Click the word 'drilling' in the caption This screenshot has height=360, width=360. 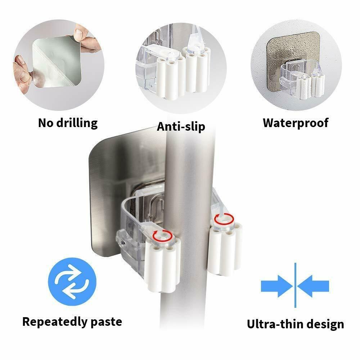pyautogui.click(x=77, y=123)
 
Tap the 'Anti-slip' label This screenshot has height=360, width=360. pyautogui.click(x=181, y=126)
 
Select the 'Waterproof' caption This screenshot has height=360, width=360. pyautogui.click(x=296, y=123)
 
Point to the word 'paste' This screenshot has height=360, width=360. pyautogui.click(x=106, y=322)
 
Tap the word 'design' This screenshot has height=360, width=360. pyautogui.click(x=325, y=325)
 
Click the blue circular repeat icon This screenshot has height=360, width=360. pyautogui.click(x=72, y=282)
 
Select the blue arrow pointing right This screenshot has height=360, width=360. pyautogui.click(x=276, y=286)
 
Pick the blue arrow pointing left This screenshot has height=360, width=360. pyautogui.click(x=314, y=286)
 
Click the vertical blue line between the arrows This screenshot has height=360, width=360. pyautogui.click(x=295, y=285)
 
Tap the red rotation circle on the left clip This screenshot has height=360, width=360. pyautogui.click(x=163, y=236)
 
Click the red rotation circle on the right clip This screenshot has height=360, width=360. pyautogui.click(x=224, y=219)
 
